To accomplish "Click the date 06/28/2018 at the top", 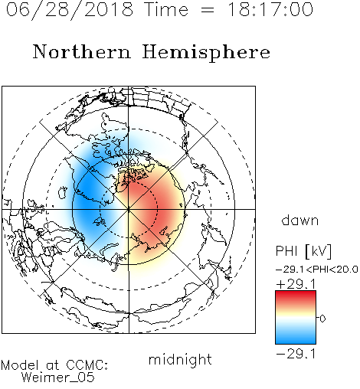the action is coord(70,9).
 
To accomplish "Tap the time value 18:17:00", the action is coord(270,9).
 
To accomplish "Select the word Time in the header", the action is coord(166,9).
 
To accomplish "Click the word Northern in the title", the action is coord(82,52).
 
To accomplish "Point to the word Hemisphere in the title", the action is coord(206,53).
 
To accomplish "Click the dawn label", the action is coord(300,220).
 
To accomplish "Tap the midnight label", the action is coord(180,359).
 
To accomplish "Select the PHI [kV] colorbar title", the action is coord(303,251).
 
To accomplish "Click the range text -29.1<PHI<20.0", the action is coord(317,270).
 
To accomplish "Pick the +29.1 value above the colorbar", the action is coord(296,284).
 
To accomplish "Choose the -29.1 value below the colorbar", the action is coord(296,354).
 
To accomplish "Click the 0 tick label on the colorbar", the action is coord(322,319).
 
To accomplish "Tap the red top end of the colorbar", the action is coord(296,293).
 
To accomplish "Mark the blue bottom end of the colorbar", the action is coord(296,342).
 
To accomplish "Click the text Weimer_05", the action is coord(58,378).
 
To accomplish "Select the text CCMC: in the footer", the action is coord(87,365).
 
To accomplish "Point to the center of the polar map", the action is coord(129,209).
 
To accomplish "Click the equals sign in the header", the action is coord(208,10).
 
